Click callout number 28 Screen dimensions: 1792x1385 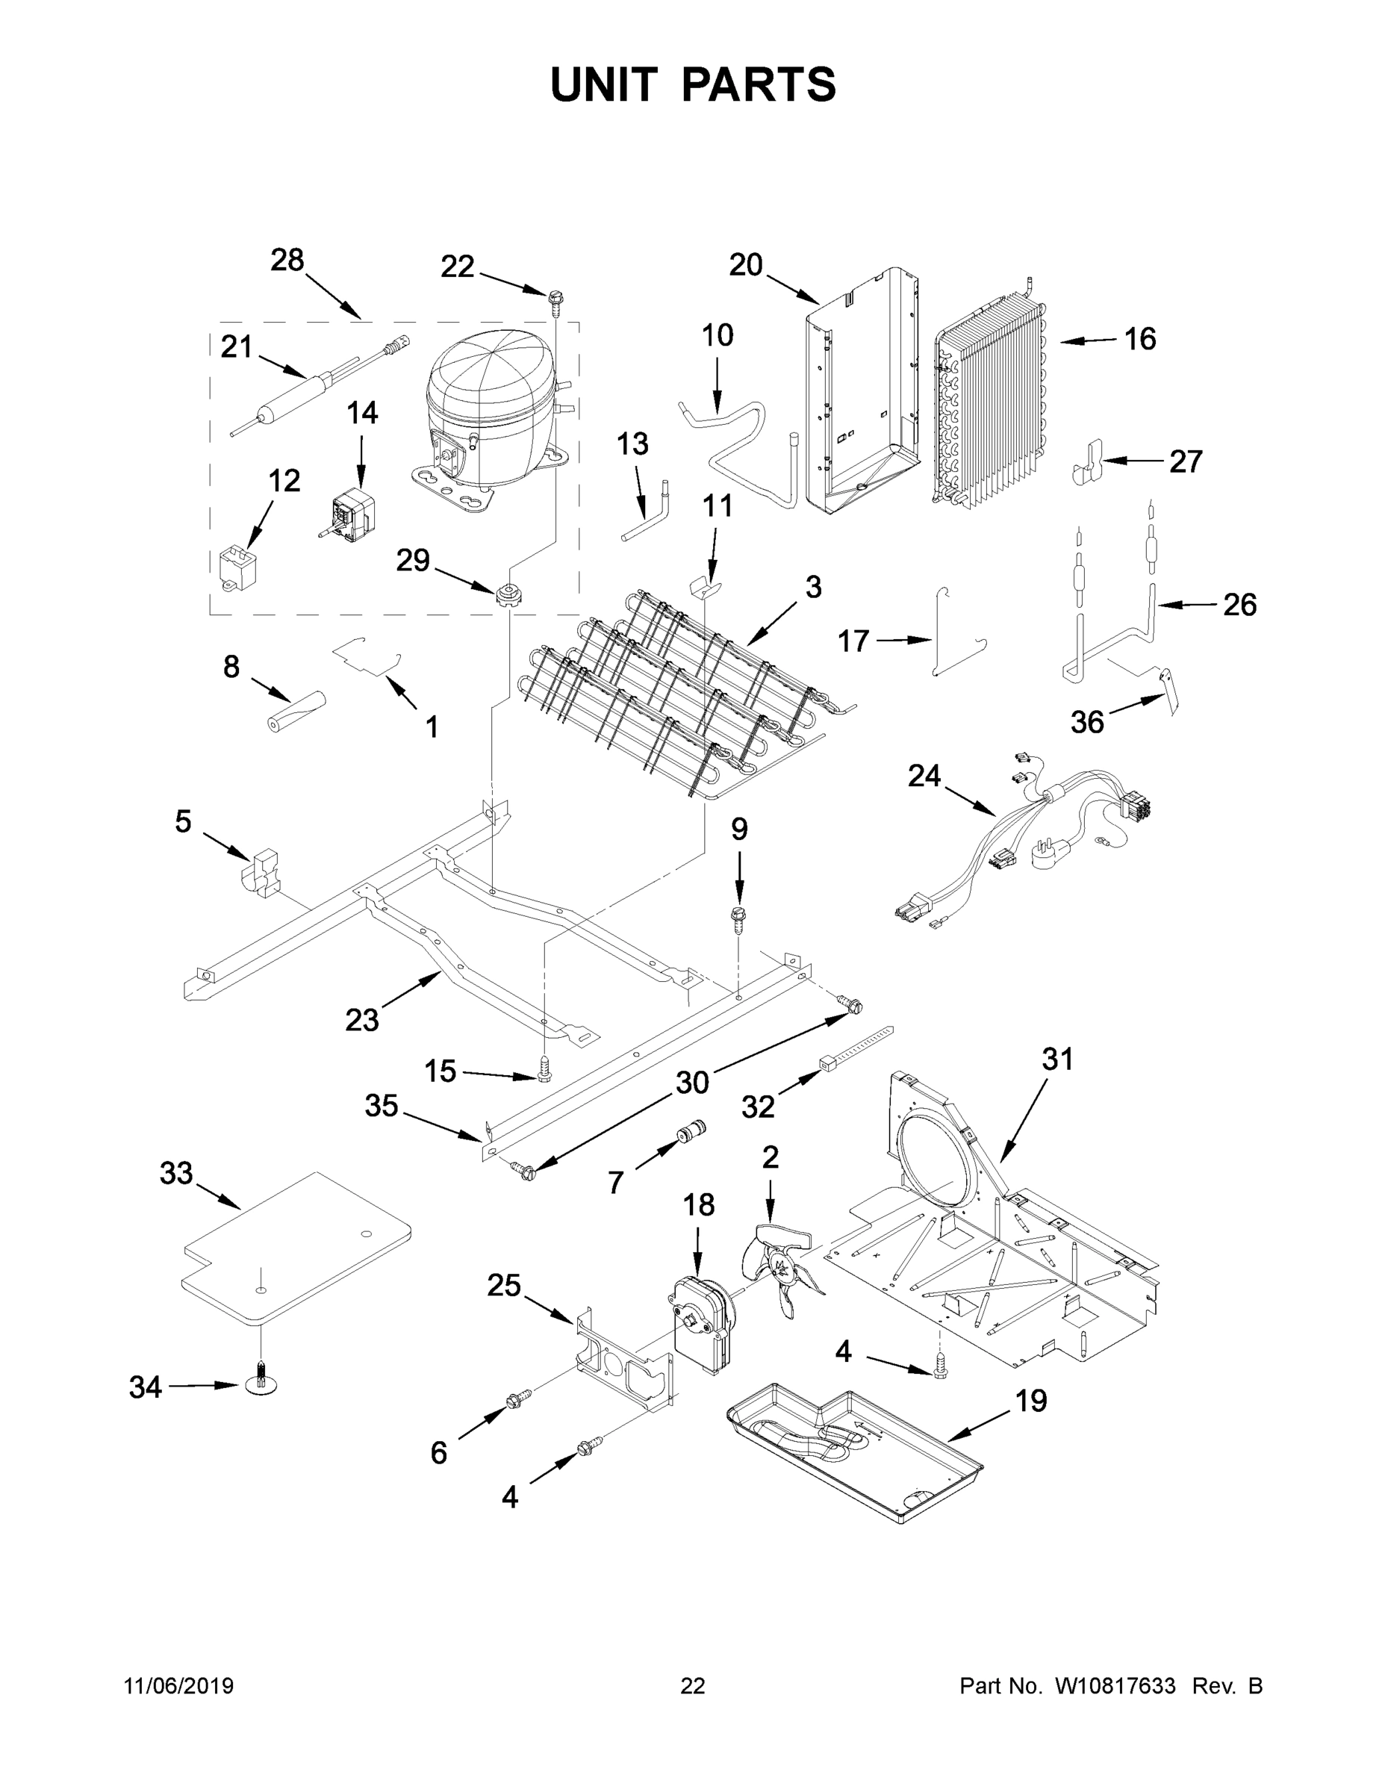pos(287,260)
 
